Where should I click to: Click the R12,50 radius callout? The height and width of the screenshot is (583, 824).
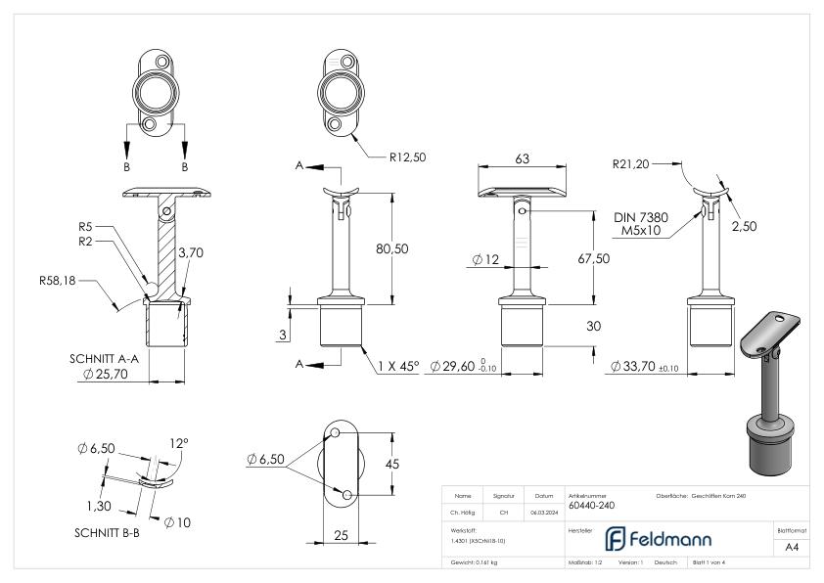pyautogui.click(x=409, y=156)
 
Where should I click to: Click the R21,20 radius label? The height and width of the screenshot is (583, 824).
pyautogui.click(x=632, y=163)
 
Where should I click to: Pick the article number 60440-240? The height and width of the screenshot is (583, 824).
pyautogui.click(x=592, y=507)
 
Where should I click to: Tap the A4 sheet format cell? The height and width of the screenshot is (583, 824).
pyautogui.click(x=792, y=548)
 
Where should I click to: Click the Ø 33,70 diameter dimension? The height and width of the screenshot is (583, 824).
pyautogui.click(x=642, y=366)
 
